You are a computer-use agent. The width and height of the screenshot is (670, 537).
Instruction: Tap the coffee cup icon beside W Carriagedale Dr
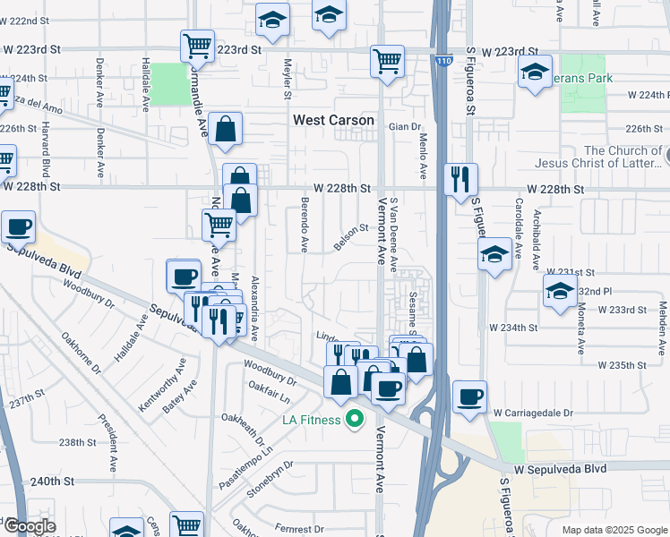pos(469,396)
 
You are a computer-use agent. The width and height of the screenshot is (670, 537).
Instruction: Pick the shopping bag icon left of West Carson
pos(227,129)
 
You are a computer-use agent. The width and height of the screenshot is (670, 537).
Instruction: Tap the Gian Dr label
pos(405,127)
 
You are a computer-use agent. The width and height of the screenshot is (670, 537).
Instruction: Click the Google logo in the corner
pos(30,526)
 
